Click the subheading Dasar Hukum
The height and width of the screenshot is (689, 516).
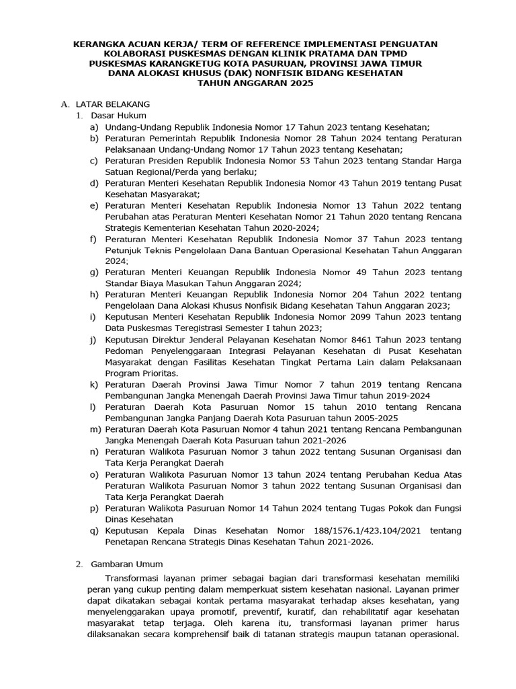click(118, 115)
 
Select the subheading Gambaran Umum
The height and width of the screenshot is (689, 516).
click(127, 564)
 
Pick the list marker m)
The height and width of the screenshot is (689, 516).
click(95, 429)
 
